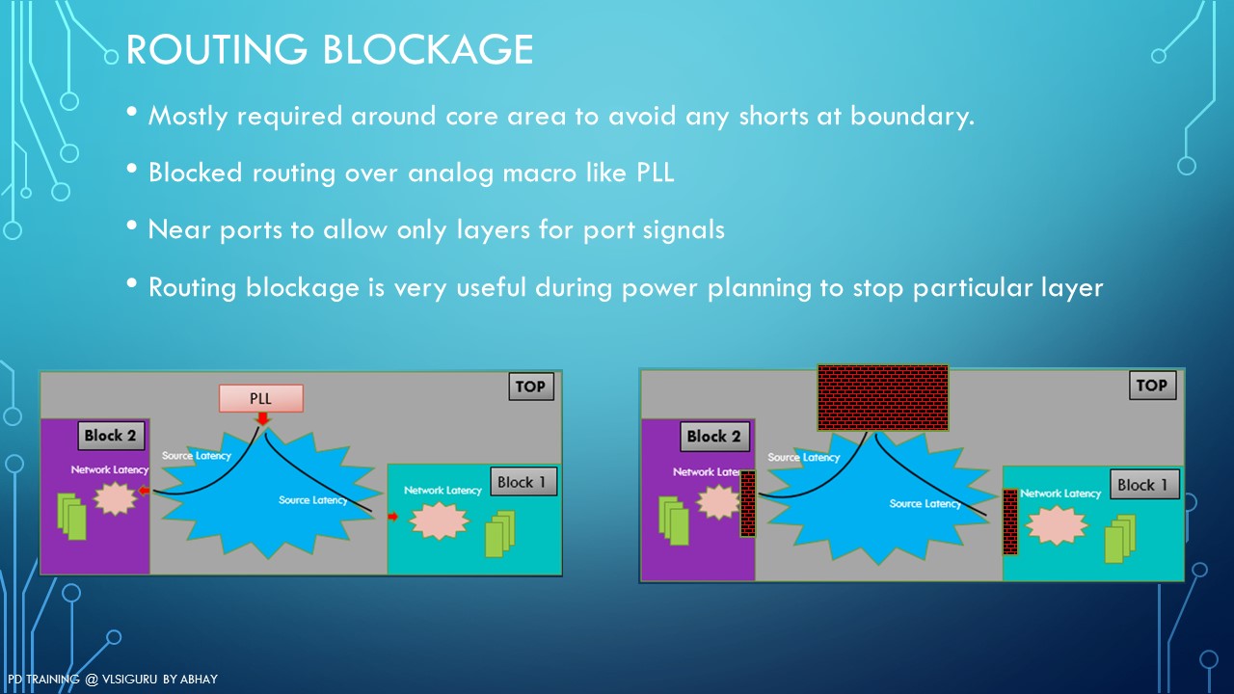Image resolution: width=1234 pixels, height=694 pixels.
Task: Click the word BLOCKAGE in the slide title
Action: [427, 49]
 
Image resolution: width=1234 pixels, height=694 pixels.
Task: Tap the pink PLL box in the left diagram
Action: [261, 398]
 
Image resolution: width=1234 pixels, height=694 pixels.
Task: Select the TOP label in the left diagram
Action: [531, 387]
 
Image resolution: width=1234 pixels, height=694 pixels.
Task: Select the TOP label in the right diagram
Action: [1152, 385]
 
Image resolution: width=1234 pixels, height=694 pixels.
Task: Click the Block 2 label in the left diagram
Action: [111, 436]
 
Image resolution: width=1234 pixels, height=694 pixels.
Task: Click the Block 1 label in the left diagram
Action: [523, 482]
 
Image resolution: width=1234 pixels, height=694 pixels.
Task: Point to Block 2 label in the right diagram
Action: [714, 437]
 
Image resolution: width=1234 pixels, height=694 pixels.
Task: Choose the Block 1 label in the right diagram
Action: [1144, 485]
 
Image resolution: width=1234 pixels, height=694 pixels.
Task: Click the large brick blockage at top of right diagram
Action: [883, 397]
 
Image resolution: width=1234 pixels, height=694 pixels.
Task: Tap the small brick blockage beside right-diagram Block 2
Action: [747, 503]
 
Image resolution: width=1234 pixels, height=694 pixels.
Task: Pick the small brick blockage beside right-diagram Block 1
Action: [1009, 521]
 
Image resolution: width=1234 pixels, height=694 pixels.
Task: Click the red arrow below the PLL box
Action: [263, 418]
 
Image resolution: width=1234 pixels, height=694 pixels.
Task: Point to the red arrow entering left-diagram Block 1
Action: [392, 517]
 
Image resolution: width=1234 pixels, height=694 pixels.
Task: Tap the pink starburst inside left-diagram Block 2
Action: [115, 499]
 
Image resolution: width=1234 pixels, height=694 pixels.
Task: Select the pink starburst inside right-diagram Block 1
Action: [1057, 525]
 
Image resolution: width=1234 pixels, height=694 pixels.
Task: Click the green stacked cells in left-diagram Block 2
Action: [71, 517]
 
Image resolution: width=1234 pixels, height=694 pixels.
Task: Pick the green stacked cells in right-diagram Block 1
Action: [1120, 539]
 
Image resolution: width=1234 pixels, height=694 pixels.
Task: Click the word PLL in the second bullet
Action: [655, 173]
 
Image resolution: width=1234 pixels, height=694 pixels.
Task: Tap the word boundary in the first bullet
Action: [912, 117]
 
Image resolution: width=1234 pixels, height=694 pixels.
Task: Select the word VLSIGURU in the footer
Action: [130, 680]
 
